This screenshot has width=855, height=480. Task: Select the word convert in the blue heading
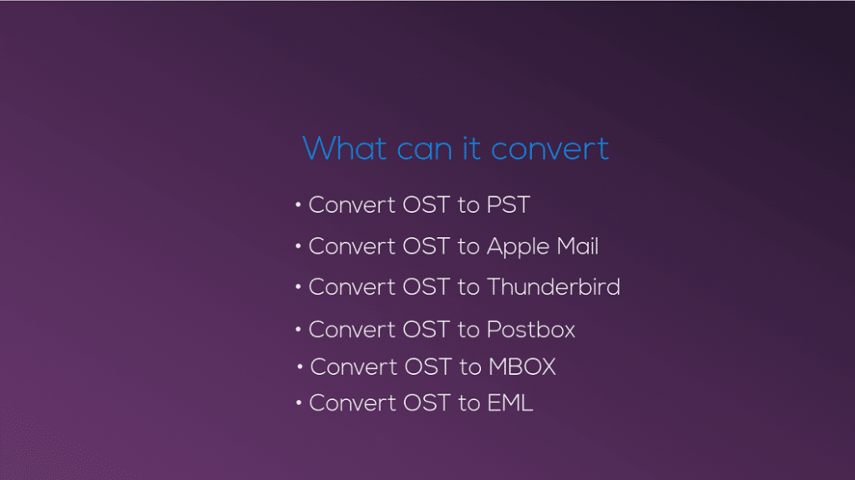tap(549, 149)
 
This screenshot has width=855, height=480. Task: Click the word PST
tap(508, 205)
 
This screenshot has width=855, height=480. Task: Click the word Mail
tap(578, 246)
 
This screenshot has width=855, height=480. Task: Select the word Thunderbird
tap(553, 287)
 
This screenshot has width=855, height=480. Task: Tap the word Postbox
tap(531, 330)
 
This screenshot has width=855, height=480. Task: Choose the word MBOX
tap(522, 366)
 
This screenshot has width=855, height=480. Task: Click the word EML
tap(510, 403)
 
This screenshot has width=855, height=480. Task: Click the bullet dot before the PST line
tap(298, 205)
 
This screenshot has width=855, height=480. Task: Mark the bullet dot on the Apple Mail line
tap(298, 247)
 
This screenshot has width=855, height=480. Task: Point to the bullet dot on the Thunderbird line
tap(298, 287)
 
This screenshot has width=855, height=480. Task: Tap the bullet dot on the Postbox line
tap(298, 330)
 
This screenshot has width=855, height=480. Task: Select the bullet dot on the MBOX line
tap(300, 366)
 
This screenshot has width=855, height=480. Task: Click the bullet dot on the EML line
tap(298, 403)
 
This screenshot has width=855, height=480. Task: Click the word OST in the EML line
tap(427, 403)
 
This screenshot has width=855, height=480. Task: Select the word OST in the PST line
tap(427, 205)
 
